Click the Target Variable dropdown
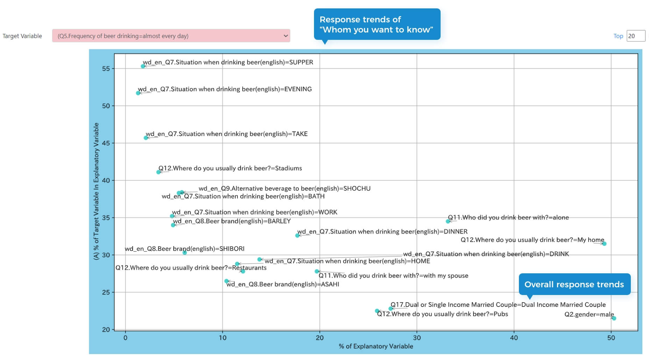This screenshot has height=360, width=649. [171, 36]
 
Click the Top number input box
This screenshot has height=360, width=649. [635, 36]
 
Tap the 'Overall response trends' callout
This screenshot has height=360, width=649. [574, 285]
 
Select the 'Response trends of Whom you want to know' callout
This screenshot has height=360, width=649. [377, 24]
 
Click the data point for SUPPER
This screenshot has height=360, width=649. [143, 66]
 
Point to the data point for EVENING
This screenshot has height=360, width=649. [138, 93]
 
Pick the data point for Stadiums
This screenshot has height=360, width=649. [158, 172]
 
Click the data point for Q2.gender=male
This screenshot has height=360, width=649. [614, 318]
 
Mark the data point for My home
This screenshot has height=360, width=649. [604, 244]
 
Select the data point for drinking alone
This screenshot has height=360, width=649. [448, 221]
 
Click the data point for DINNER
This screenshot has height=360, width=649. [298, 236]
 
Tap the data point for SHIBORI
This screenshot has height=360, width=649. [185, 253]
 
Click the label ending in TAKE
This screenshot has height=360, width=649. [227, 134]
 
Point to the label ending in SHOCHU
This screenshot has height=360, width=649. [284, 188]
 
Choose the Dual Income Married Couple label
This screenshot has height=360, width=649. [498, 305]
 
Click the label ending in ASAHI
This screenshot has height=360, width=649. [283, 285]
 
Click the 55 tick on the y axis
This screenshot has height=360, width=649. [106, 69]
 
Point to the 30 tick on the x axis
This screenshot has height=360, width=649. [417, 338]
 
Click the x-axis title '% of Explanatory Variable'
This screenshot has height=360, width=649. [376, 346]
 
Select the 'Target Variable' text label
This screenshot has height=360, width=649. [22, 36]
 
